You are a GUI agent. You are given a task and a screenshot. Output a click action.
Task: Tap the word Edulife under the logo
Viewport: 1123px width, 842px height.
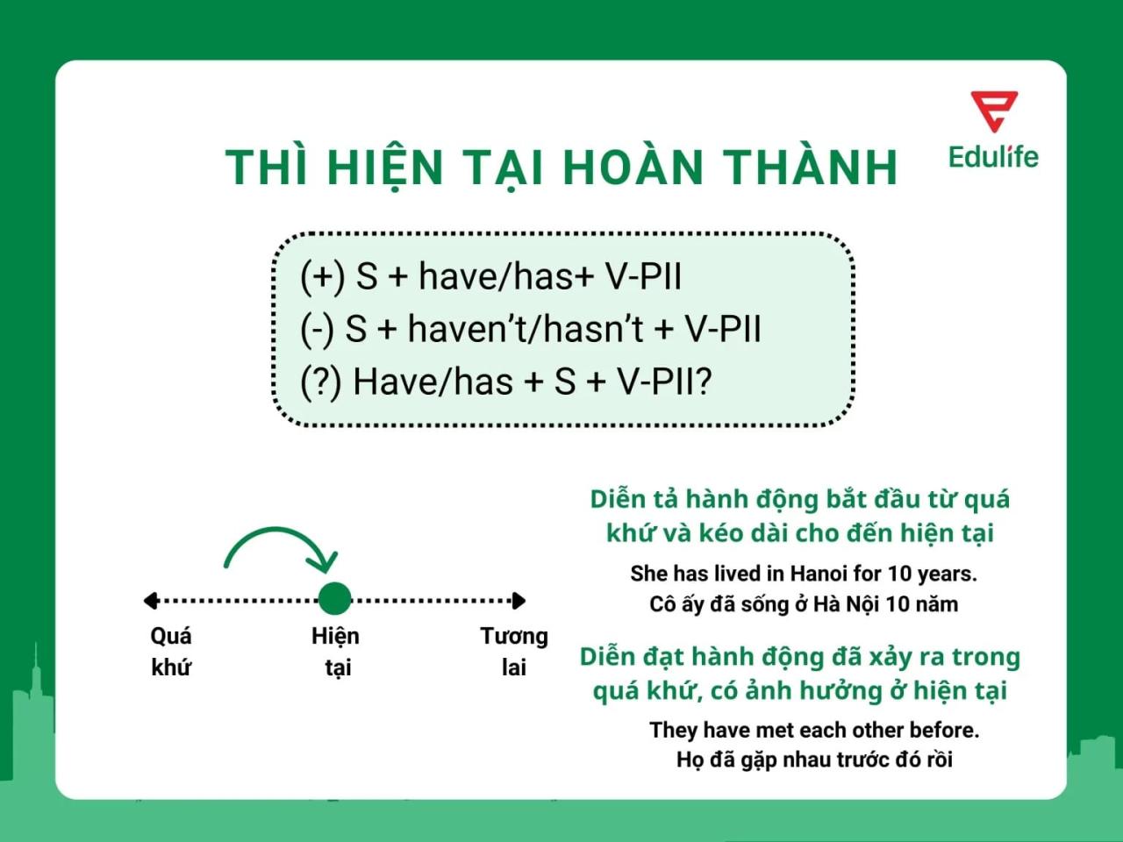993,157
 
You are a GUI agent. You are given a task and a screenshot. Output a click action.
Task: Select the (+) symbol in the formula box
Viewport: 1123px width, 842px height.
322,276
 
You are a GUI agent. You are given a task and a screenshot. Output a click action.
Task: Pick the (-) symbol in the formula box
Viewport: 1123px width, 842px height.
317,329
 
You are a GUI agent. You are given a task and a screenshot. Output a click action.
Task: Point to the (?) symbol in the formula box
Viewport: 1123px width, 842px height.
320,382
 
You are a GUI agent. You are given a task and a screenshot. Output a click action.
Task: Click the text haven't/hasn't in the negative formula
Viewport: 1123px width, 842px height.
526,329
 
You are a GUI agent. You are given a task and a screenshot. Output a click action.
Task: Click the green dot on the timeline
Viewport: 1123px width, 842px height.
334,599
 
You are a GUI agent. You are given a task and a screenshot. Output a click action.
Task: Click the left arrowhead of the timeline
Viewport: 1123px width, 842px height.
151,600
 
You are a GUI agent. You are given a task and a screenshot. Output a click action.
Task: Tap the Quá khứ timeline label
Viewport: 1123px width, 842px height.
171,651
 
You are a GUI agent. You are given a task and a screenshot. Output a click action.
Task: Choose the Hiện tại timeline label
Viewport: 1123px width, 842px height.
335,651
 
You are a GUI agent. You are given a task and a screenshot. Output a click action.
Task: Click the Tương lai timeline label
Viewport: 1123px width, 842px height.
513,651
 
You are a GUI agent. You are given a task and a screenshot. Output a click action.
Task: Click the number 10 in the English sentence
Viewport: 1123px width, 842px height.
899,574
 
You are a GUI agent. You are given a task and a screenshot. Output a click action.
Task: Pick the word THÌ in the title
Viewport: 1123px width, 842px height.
267,167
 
